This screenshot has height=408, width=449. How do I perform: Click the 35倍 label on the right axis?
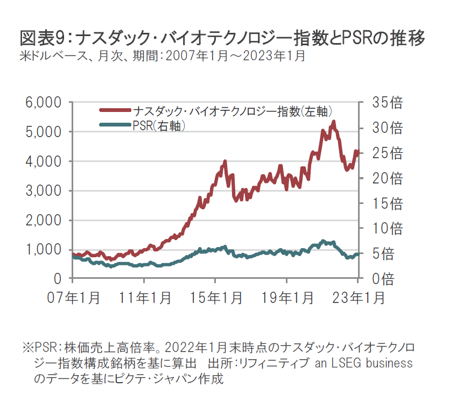[384, 102]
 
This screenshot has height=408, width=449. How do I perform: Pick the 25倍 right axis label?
[384, 153]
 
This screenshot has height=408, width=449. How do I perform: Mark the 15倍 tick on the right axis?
[384, 203]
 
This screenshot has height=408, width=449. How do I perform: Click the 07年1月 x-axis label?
[72, 298]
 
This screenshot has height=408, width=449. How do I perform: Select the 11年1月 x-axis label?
[144, 298]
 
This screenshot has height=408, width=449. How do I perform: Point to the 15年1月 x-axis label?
[215, 298]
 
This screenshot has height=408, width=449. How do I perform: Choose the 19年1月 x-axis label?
[287, 298]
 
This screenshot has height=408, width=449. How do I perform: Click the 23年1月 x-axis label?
[357, 298]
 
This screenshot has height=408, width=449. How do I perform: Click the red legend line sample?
[115, 110]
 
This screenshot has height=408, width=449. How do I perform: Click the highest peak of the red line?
[334, 122]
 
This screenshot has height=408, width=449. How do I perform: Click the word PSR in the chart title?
[350, 39]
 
